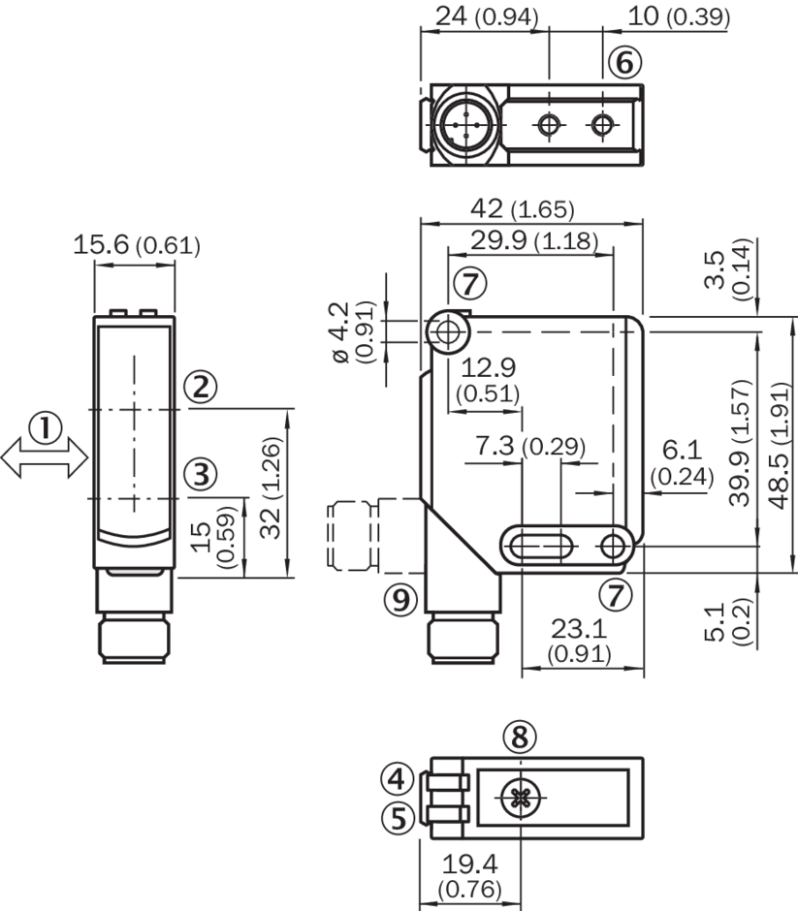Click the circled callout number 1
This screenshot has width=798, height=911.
[x=44, y=426]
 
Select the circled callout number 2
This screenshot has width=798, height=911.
[x=201, y=388]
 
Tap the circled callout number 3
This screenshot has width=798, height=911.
[x=201, y=474]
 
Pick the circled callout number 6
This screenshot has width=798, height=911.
[x=624, y=63]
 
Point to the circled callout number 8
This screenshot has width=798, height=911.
[x=520, y=738]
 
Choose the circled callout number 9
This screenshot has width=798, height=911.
[x=399, y=601]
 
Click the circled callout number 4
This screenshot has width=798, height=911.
[x=397, y=777]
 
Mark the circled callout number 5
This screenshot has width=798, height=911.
[x=397, y=819]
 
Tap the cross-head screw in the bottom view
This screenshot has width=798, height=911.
[x=521, y=799]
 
